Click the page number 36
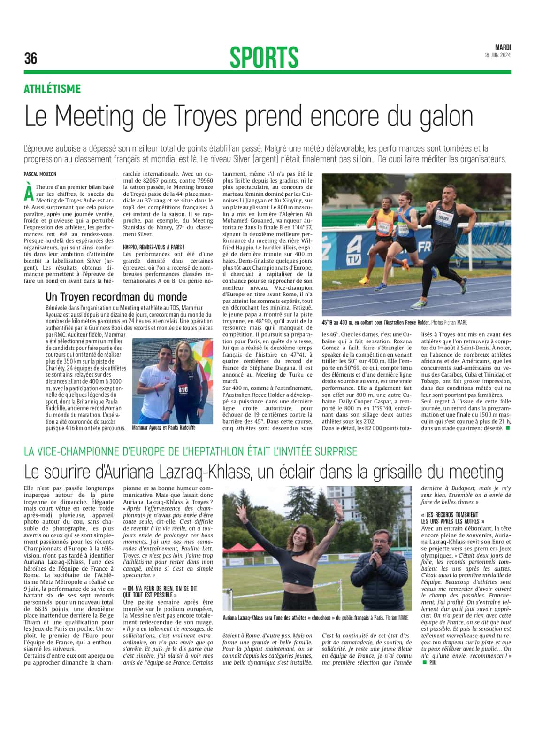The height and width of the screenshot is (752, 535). click(31, 58)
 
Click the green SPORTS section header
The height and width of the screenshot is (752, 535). click(264, 57)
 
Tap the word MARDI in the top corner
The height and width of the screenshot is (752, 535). click(503, 47)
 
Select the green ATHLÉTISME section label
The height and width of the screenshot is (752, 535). click(52, 89)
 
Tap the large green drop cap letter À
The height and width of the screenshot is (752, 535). click(29, 192)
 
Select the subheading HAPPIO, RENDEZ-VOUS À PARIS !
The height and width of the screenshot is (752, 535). click(153, 247)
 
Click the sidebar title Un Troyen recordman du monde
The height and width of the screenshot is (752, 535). click(116, 297)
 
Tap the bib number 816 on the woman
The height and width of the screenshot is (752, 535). click(183, 389)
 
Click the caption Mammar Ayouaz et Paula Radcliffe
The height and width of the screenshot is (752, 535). click(164, 428)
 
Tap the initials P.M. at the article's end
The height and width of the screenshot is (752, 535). click(433, 662)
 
